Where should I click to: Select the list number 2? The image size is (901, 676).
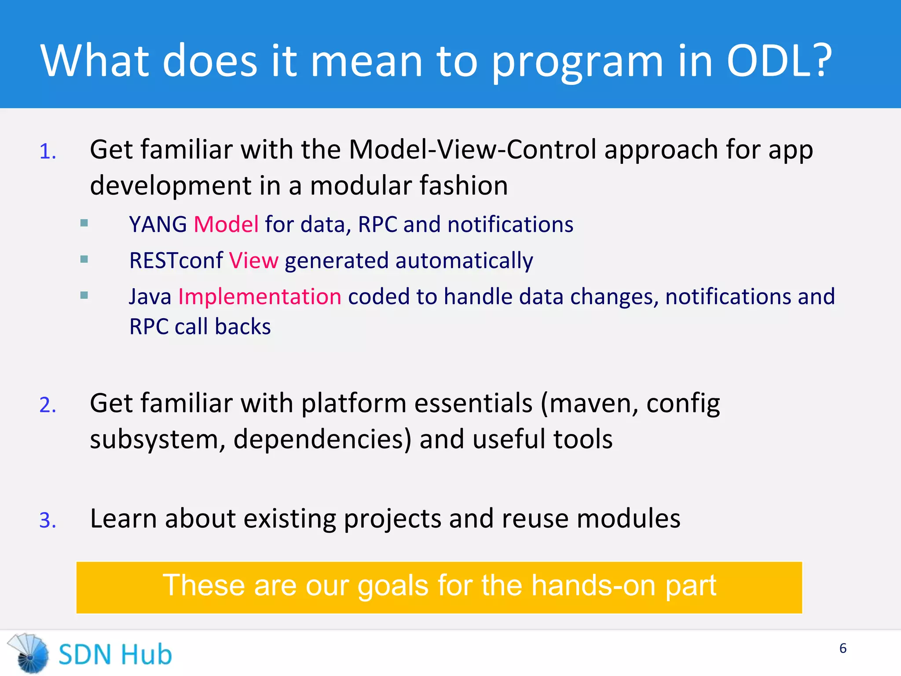tap(48, 405)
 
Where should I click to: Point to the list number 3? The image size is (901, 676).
tap(48, 521)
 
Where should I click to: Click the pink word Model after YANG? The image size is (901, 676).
tap(226, 224)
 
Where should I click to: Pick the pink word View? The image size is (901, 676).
tap(254, 261)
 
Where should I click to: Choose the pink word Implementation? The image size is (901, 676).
tap(260, 297)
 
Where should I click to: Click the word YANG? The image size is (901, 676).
tap(158, 224)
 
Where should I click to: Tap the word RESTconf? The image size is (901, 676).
tap(176, 261)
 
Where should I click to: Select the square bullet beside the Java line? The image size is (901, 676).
tap(84, 295)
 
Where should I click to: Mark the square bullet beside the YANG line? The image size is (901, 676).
tap(84, 223)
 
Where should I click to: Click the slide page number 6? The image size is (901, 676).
tap(842, 648)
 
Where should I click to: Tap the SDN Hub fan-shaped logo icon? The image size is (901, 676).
tap(29, 654)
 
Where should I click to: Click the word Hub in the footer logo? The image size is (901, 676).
tap(147, 654)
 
